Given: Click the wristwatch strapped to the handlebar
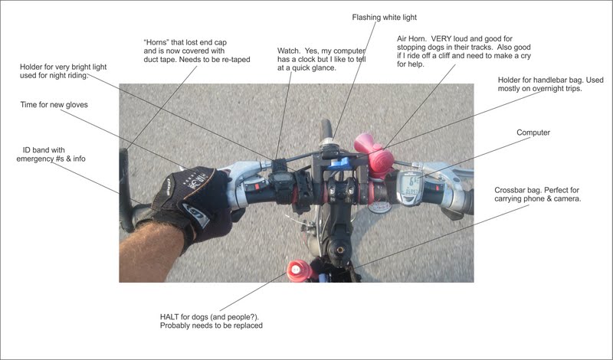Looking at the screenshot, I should click(281, 183).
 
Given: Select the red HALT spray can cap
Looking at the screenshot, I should click(295, 270).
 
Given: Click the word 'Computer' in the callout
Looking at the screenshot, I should click(533, 133).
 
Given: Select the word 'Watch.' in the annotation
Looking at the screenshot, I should click(290, 51).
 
